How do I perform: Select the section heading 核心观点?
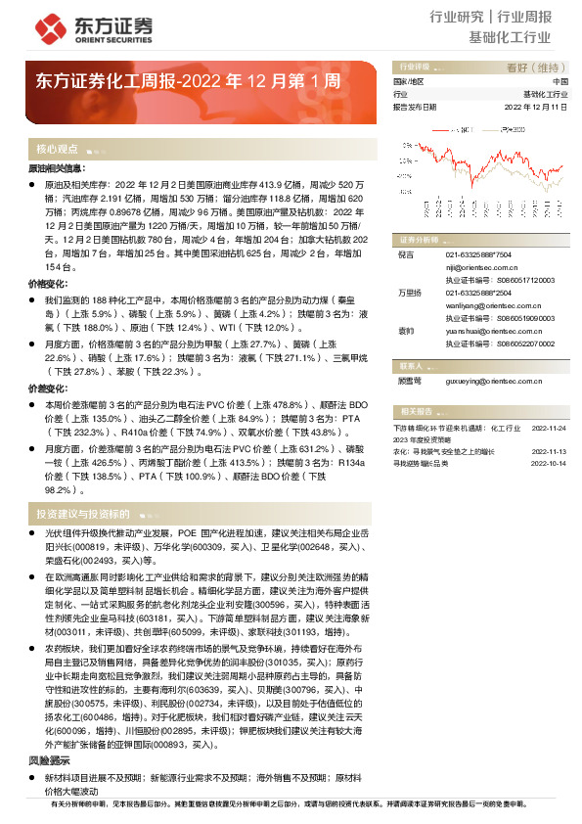point(57,150)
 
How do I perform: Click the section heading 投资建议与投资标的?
point(83,514)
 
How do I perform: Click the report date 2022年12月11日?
point(536,107)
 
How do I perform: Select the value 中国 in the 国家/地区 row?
point(560,81)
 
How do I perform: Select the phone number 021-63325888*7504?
point(471,253)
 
